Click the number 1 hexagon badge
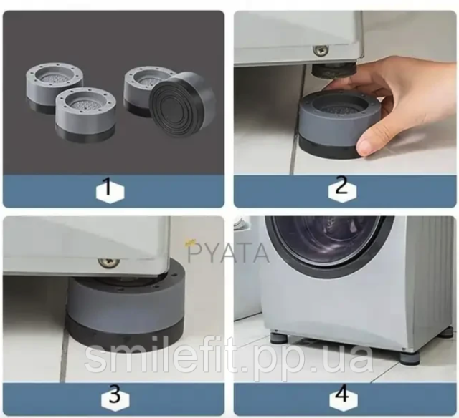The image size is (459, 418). [x=110, y=191]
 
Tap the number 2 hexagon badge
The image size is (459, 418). [x=342, y=190]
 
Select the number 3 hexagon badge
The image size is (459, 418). [x=115, y=397]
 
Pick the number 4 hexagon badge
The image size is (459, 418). [x=343, y=397]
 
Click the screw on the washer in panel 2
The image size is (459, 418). [x=321, y=50]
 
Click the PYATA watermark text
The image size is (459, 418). [x=228, y=253]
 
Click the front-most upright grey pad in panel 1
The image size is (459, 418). [x=85, y=115]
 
